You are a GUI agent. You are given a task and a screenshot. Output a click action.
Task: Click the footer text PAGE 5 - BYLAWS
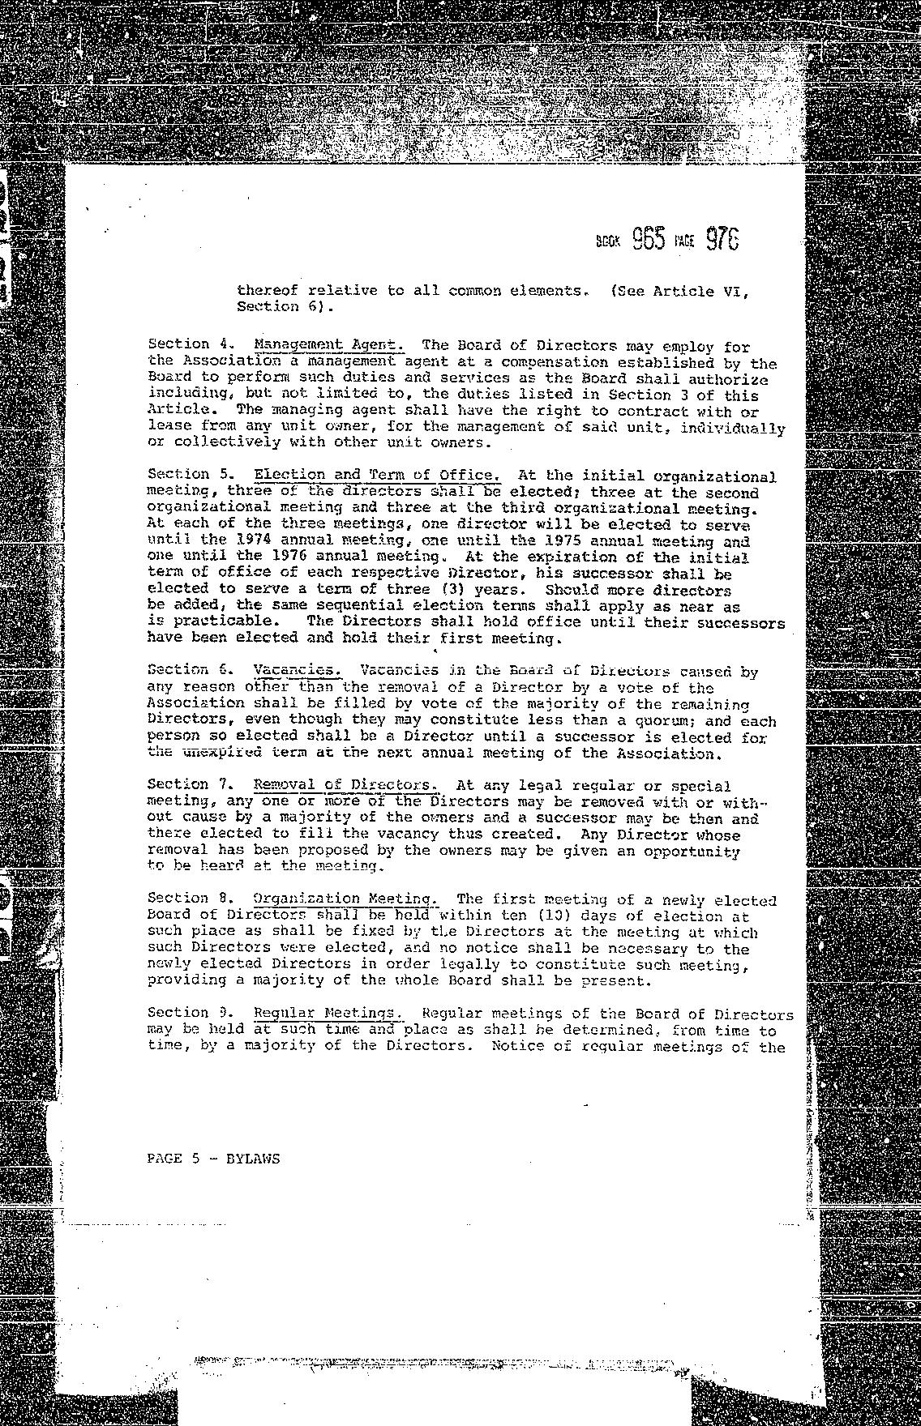tap(213, 1159)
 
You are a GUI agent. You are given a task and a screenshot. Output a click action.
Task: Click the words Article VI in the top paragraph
tap(701, 291)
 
